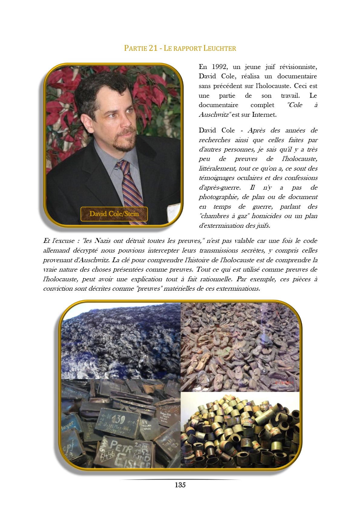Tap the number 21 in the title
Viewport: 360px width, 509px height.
153,48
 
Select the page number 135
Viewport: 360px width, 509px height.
180,485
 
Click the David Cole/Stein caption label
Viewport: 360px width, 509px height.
114,214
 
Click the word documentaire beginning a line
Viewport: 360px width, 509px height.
218,105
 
